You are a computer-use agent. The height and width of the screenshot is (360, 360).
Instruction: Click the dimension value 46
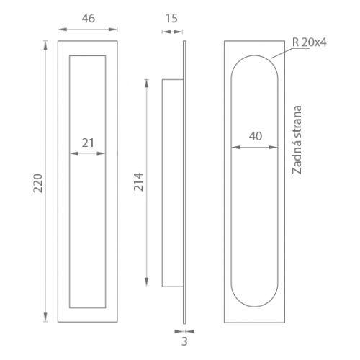[x=89, y=19]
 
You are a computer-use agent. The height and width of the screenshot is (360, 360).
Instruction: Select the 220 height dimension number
[x=38, y=183]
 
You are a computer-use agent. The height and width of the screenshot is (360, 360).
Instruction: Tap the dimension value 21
[x=88, y=143]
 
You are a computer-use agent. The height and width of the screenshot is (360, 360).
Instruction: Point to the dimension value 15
[x=171, y=19]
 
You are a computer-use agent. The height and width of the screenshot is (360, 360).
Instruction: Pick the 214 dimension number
[x=138, y=182]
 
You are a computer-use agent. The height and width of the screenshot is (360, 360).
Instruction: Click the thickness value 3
[x=184, y=341]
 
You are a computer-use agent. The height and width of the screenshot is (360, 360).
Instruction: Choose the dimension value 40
[x=256, y=136]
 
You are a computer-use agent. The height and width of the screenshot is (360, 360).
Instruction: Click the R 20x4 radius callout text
[x=310, y=42]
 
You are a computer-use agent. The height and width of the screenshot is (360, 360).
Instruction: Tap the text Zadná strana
[x=297, y=140]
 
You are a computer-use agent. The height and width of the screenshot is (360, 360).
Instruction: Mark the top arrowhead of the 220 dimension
[x=45, y=45]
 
